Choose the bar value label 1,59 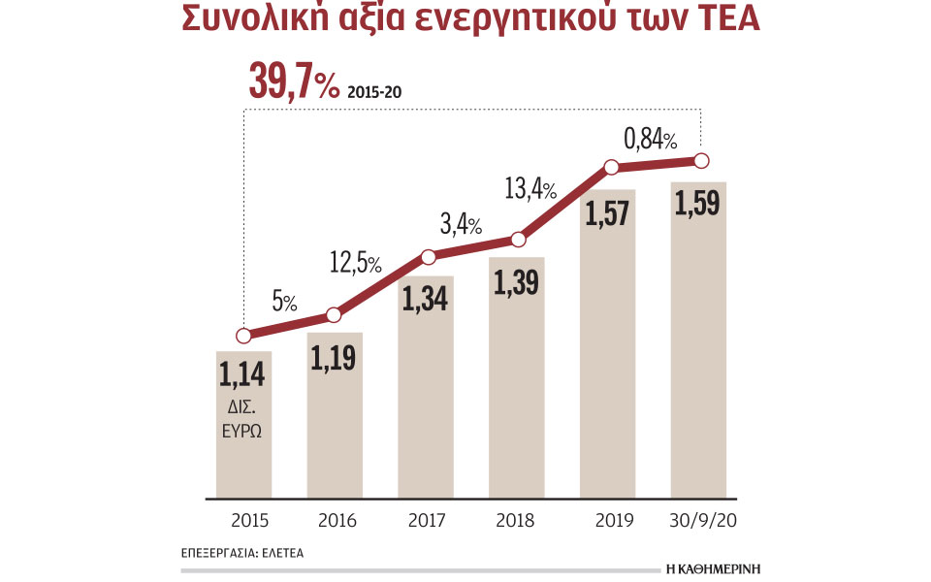tap(698, 206)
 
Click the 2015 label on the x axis tap(242, 520)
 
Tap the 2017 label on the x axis tap(425, 520)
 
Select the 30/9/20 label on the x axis tap(698, 520)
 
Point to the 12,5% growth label tap(353, 263)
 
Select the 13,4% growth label tap(530, 188)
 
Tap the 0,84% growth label tap(651, 139)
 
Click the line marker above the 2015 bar tap(242, 336)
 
